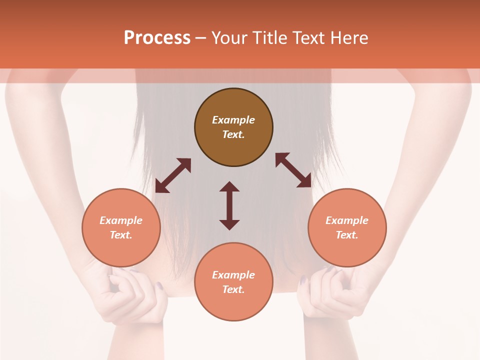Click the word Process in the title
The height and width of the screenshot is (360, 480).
pyautogui.click(x=157, y=38)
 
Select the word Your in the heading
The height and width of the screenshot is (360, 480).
pyautogui.click(x=229, y=38)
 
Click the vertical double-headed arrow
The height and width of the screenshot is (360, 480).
pyautogui.click(x=229, y=205)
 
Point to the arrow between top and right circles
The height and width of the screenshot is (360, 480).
pyautogui.click(x=293, y=170)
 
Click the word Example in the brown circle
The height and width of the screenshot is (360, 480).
pyautogui.click(x=233, y=120)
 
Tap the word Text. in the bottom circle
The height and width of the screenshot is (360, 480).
pyautogui.click(x=233, y=289)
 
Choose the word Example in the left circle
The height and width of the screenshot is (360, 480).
pyautogui.click(x=121, y=220)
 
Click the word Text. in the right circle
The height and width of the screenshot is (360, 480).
pyautogui.click(x=347, y=235)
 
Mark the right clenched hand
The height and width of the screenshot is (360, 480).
pyautogui.click(x=330, y=295)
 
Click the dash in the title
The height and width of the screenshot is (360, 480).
pyautogui.click(x=200, y=38)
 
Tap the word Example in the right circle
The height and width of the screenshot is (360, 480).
pyautogui.click(x=347, y=220)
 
